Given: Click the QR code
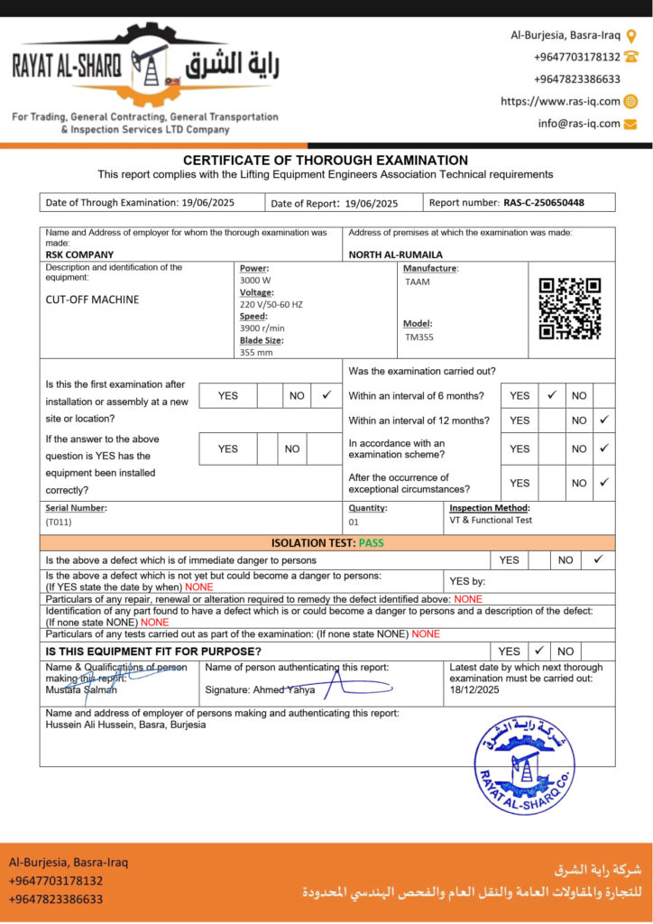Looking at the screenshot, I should click(x=570, y=309).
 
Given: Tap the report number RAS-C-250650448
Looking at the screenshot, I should click(x=544, y=203).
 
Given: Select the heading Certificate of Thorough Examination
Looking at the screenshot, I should click(x=326, y=160).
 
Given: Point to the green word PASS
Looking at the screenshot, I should click(x=371, y=543).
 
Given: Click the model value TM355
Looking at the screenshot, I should click(x=418, y=337).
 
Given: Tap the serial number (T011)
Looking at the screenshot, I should click(x=59, y=522).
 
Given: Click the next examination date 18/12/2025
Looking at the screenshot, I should click(x=474, y=689).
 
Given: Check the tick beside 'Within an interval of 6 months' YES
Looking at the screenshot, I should click(x=551, y=395).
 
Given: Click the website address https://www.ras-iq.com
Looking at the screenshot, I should click(x=560, y=102).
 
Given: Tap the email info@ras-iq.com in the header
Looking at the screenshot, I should click(x=579, y=124).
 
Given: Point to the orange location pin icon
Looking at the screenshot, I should click(x=631, y=36).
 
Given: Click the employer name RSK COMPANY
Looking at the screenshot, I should click(x=79, y=254).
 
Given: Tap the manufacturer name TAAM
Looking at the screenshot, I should click(x=418, y=282).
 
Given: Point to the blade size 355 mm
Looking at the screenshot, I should click(x=256, y=353).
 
